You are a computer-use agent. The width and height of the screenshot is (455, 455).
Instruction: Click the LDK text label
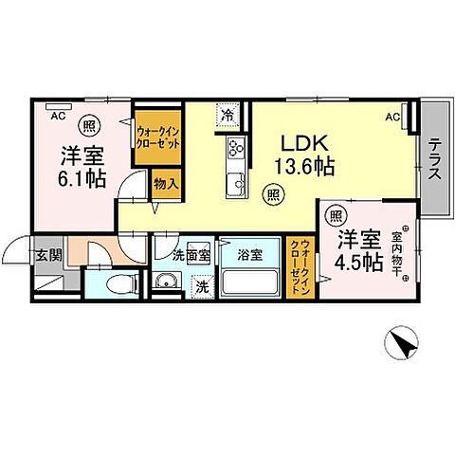click(x=304, y=143)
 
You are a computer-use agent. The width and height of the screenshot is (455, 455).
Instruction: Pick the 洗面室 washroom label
click(x=191, y=254)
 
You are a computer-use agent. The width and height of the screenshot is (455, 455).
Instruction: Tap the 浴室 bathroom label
click(x=249, y=254)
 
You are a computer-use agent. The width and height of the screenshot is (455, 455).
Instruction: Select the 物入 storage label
click(x=166, y=182)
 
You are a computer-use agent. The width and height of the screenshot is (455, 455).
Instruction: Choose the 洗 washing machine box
click(x=201, y=284)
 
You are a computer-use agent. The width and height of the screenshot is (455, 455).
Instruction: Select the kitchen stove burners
click(x=236, y=147)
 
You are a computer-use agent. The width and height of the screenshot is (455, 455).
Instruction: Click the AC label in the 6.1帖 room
click(x=58, y=116)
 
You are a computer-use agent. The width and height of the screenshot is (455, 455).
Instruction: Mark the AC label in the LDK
click(x=391, y=117)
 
